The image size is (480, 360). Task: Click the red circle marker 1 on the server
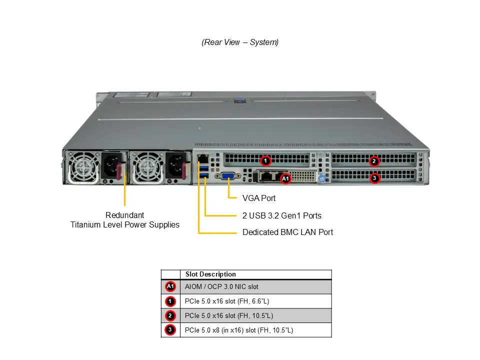(x=266, y=160)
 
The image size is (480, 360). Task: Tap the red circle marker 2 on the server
(x=374, y=161)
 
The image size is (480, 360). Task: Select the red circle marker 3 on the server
(x=374, y=177)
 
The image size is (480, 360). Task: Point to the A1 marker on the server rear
(x=285, y=178)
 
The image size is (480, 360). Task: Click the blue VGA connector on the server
(x=228, y=176)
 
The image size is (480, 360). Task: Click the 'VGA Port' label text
(x=259, y=198)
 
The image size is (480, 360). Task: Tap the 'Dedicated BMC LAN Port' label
(x=287, y=232)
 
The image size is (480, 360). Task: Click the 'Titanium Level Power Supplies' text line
(x=124, y=225)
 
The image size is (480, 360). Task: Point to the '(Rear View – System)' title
(x=240, y=42)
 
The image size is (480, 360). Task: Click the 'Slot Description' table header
(x=210, y=274)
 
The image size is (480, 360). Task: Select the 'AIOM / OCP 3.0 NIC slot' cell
(x=221, y=287)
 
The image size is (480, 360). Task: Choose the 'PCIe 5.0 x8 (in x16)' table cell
(x=239, y=330)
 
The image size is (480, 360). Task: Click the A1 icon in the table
(x=170, y=286)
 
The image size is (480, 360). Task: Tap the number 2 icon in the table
(x=170, y=316)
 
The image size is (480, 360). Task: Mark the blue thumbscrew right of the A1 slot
(x=322, y=178)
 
